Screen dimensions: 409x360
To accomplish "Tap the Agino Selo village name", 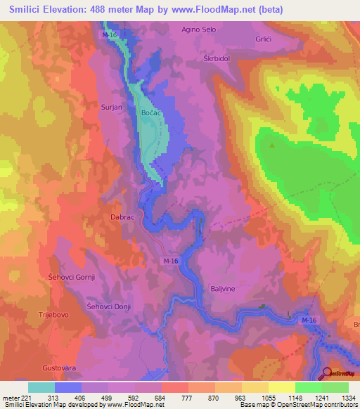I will [200, 30].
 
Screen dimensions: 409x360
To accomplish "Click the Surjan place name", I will [112, 108].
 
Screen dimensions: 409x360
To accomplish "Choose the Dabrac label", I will [122, 218].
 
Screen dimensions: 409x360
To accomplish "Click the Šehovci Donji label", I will [108, 307].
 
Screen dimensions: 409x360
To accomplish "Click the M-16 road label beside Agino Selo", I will [110, 34].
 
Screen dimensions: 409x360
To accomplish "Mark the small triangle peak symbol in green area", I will [272, 145].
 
